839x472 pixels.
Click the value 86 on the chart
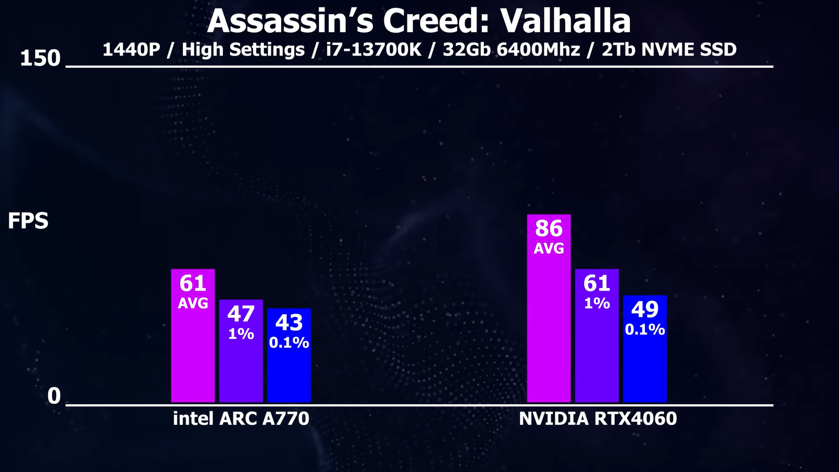(548, 229)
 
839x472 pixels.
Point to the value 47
(241, 314)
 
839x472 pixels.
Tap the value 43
(289, 323)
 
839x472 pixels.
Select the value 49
(645, 309)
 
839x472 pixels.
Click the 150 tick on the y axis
(40, 58)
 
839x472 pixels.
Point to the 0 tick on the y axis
(54, 396)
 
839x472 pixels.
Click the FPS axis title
(28, 221)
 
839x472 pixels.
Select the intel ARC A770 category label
(241, 419)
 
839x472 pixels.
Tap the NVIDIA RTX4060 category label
(598, 419)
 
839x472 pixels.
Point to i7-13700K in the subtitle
(373, 50)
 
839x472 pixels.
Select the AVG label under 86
(548, 249)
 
